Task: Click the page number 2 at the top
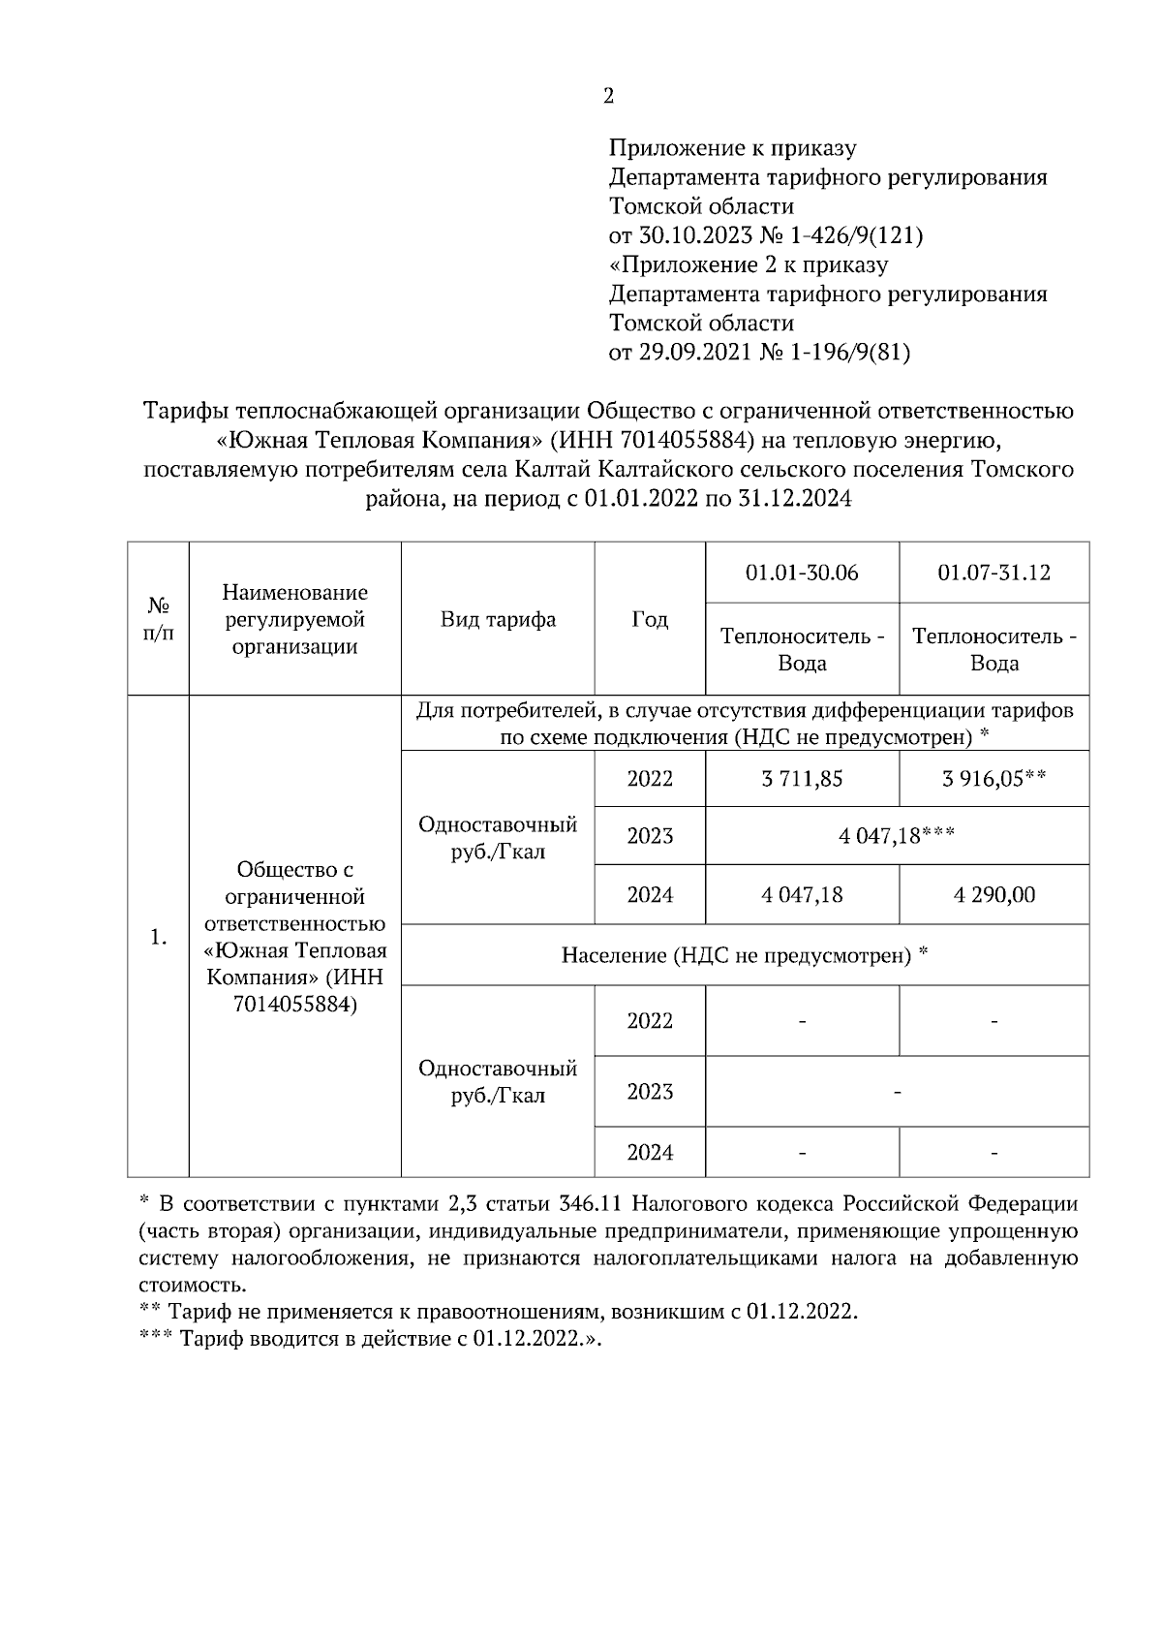[x=608, y=96]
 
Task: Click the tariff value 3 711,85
[x=802, y=779]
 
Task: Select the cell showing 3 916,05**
[x=994, y=779]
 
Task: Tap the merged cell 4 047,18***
[x=898, y=836]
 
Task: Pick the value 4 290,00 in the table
[x=994, y=894]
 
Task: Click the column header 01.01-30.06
[x=802, y=573]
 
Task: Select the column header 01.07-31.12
[x=994, y=573]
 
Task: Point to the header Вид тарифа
[x=498, y=619]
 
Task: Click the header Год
[x=650, y=619]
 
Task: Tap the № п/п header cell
[x=159, y=619]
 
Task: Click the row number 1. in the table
[x=159, y=937]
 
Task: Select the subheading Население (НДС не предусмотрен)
[x=745, y=956]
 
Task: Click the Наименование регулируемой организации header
[x=294, y=619]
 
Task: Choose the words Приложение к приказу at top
[x=732, y=148]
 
